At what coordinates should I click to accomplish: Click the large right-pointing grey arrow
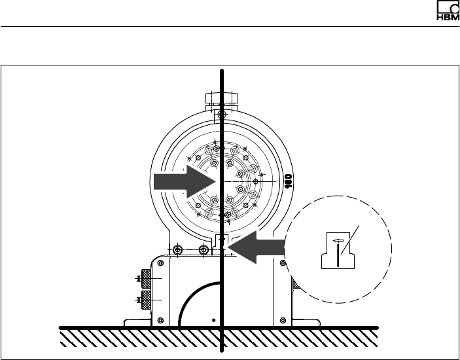[x=181, y=181]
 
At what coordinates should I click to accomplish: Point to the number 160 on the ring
[x=288, y=180]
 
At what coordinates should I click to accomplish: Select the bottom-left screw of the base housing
[x=161, y=320]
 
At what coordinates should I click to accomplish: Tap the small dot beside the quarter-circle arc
[x=213, y=319]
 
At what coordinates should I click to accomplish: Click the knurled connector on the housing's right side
[x=296, y=285]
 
